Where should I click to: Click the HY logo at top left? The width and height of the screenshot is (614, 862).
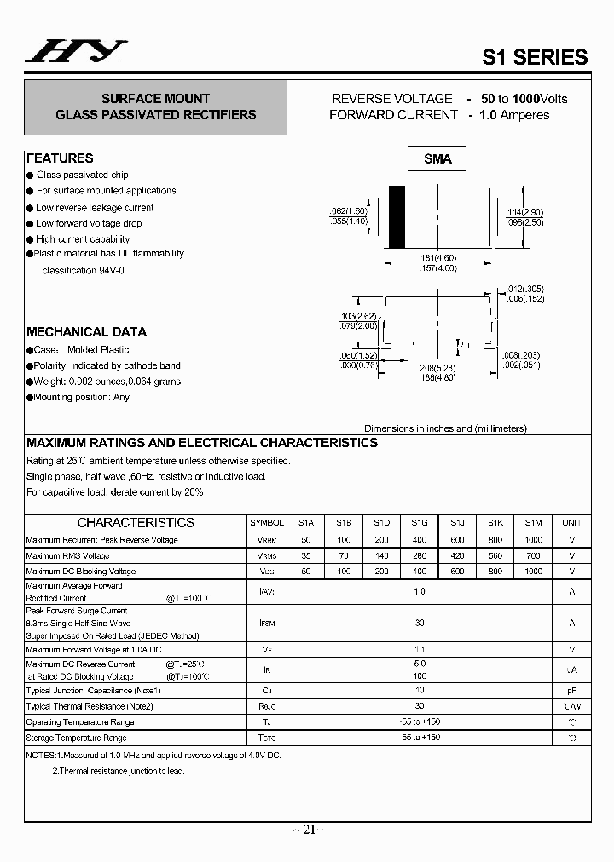point(76,52)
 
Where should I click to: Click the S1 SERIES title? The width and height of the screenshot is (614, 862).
point(535,57)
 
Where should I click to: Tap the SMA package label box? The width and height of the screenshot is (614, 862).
point(437,159)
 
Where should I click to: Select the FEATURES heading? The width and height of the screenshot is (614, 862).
point(60,158)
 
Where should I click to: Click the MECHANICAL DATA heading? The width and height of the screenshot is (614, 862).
point(86,332)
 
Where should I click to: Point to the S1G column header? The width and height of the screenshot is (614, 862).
point(419,523)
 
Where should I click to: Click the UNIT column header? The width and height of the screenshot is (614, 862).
point(571,523)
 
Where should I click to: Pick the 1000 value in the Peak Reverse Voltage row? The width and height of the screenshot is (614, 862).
point(533,540)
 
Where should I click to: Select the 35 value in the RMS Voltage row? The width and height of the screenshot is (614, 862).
point(306,555)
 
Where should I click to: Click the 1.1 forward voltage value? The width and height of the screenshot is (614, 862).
point(419,649)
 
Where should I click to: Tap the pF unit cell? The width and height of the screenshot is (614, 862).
point(571,690)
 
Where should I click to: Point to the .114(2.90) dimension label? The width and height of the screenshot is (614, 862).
point(524,212)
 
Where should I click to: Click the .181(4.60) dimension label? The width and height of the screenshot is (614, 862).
point(437,258)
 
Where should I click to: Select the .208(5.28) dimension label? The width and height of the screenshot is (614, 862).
point(437,369)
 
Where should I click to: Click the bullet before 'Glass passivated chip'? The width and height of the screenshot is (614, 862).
point(30,175)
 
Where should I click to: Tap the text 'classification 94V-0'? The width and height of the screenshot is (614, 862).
point(83,270)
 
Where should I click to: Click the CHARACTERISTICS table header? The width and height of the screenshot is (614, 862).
point(136,523)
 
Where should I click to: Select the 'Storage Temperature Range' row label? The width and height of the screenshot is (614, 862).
point(76,738)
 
